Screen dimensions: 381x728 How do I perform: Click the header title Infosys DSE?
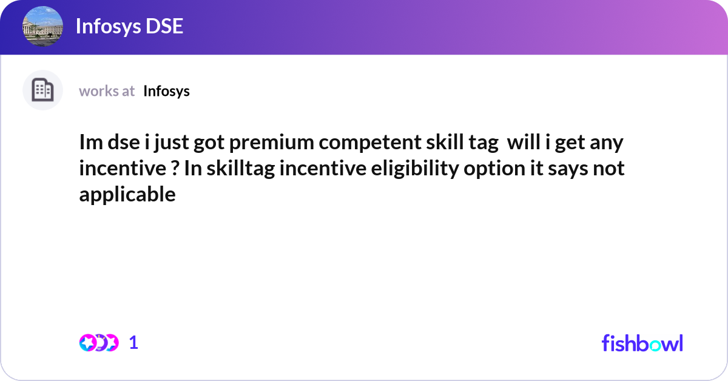129,27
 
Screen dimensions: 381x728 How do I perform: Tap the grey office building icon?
42,90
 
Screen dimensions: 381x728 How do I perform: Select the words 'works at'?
107,91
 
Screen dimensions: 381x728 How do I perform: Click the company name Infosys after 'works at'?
166,91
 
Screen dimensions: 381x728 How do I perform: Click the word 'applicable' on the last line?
127,195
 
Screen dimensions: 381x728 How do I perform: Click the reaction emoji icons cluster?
98,343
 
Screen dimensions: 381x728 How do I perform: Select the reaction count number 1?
133,343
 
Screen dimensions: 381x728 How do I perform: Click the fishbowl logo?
642,343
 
